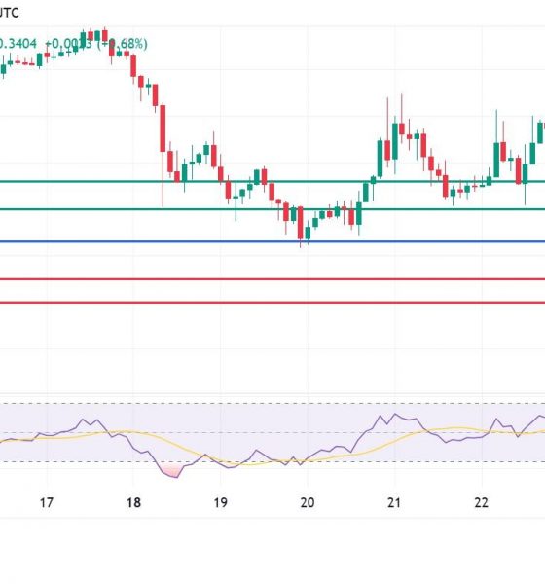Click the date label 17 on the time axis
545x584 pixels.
[46, 502]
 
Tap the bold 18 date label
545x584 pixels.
[133, 502]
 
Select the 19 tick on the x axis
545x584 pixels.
[220, 502]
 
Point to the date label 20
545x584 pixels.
[308, 502]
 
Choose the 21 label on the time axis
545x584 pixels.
[394, 502]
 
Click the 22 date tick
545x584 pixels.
[481, 502]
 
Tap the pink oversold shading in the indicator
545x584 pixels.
[172, 470]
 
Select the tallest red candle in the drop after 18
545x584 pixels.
[163, 127]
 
